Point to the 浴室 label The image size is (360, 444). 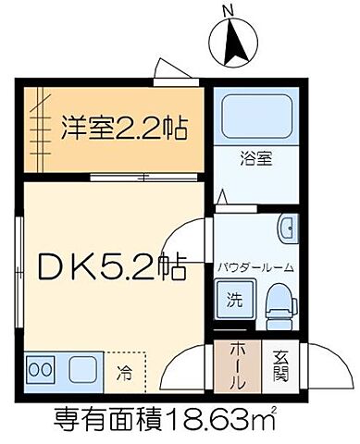tap(256, 157)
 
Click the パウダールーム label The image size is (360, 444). tap(255, 267)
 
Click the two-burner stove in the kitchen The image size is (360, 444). tap(41, 368)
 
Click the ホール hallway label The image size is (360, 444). tap(235, 364)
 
